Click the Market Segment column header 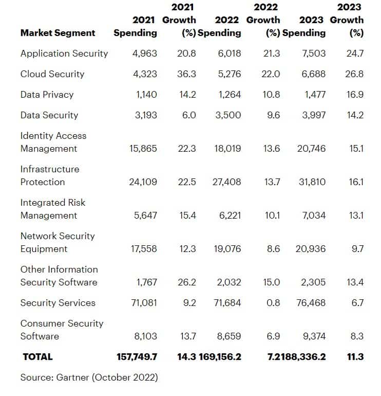point(58,33)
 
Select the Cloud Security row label point(52,74)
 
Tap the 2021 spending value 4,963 point(144,53)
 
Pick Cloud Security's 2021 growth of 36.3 point(186,74)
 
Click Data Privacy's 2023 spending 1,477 point(315,95)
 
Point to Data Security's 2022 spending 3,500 point(228,115)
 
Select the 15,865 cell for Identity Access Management point(143,149)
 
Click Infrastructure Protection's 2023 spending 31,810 point(312,182)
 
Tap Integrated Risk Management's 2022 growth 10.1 point(272,215)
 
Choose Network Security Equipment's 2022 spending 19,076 point(227,249)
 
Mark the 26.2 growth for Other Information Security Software point(186,282)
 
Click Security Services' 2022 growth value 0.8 point(273,303)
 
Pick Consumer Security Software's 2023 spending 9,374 point(314,336)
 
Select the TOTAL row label point(37,357)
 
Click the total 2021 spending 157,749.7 point(137,357)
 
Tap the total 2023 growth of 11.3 point(355,357)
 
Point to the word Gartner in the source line point(72,377)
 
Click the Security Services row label point(58,303)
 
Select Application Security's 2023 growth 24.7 point(355,53)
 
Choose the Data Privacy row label point(47,95)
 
